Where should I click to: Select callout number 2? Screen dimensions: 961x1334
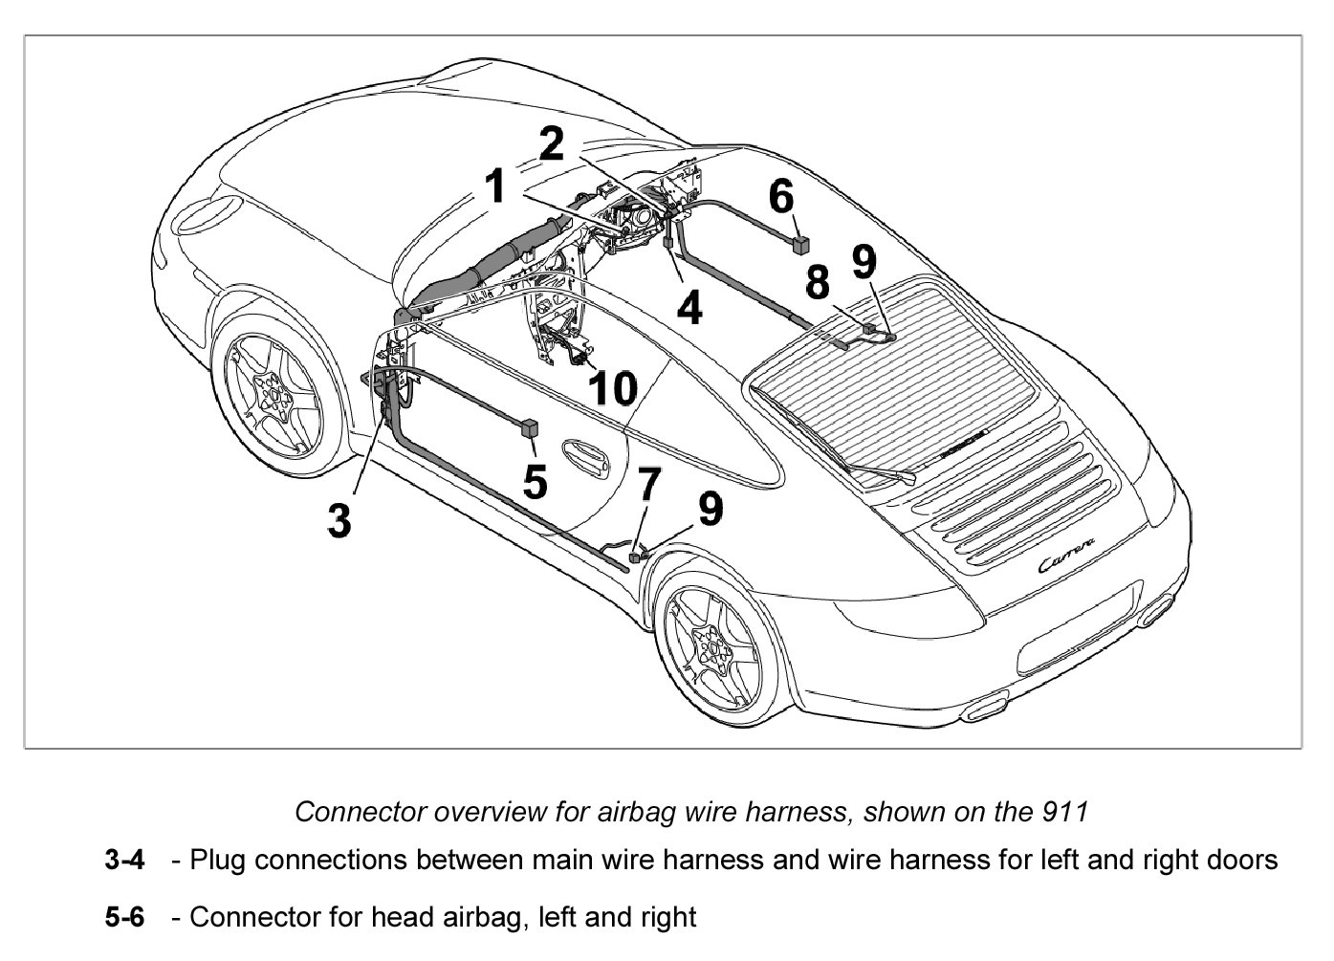pos(552,144)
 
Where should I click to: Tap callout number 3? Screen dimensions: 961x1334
pos(339,520)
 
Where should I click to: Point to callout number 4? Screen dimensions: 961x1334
pos(689,307)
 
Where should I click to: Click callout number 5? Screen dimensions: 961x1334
pos(536,482)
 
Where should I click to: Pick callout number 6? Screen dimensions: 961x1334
pos(781,197)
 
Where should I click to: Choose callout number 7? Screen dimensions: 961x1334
pos(649,484)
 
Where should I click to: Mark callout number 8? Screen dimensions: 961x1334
pos(818,283)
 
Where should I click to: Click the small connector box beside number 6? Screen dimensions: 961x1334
pos(802,243)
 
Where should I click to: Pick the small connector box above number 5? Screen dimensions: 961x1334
pos(528,426)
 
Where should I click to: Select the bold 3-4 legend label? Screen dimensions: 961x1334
pos(124,860)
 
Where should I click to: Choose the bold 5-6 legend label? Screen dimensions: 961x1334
pos(124,918)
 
